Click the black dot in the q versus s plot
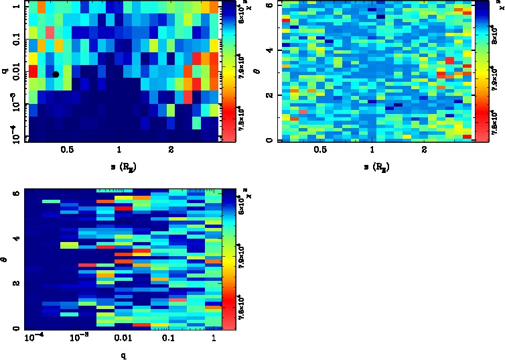click(56, 74)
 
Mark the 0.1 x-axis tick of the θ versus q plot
click(161, 339)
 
